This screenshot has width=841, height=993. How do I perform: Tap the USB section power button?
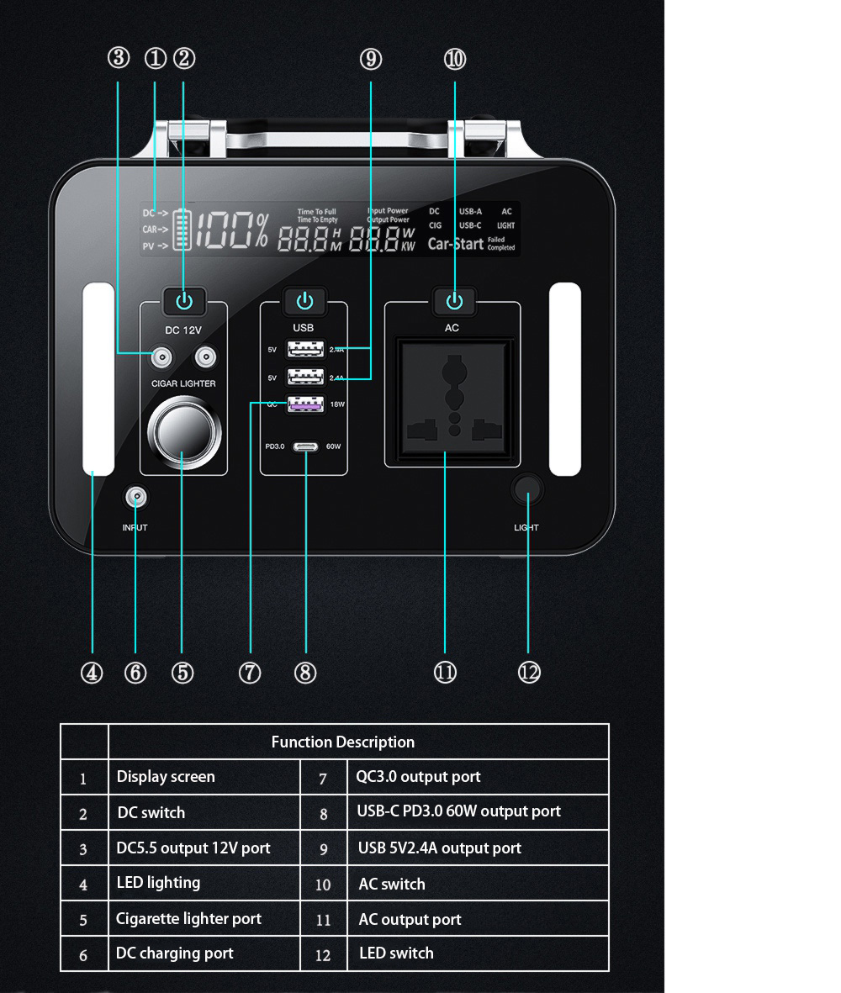[x=304, y=301]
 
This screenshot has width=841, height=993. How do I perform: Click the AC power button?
[x=454, y=301]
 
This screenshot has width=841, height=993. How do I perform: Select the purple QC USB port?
[x=305, y=404]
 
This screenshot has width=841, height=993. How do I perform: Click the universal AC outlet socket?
[x=452, y=401]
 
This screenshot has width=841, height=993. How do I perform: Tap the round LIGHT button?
[x=527, y=490]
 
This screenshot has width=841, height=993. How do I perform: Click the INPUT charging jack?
[x=135, y=499]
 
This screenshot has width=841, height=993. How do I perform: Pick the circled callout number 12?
[x=529, y=673]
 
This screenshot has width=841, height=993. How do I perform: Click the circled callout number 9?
[x=370, y=59]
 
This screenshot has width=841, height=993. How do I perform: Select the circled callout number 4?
[x=92, y=673]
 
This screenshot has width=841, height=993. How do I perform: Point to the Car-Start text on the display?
[x=455, y=244]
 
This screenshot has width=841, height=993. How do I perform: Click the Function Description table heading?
[x=342, y=742]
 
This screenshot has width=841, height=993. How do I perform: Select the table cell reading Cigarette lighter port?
[x=188, y=918]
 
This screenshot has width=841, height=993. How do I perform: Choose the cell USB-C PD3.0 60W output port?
[x=458, y=811]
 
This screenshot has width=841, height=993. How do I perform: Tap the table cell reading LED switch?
[x=396, y=953]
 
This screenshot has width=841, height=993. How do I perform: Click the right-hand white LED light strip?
[x=565, y=379]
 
